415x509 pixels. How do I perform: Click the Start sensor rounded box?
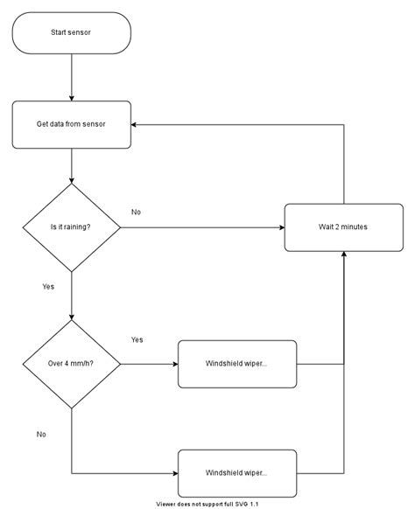click(x=71, y=32)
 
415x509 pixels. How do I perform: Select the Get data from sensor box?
click(x=71, y=124)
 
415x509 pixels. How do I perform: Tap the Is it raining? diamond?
click(x=71, y=227)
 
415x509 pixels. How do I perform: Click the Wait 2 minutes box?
click(x=343, y=227)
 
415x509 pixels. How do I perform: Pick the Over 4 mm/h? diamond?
click(x=71, y=363)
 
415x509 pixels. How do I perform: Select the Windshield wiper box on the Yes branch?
click(x=236, y=363)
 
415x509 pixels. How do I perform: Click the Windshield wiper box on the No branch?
click(x=236, y=472)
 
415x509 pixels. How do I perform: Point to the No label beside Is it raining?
click(x=136, y=213)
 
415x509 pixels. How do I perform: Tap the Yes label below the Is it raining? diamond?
click(x=48, y=286)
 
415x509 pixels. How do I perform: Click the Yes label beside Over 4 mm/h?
click(x=137, y=339)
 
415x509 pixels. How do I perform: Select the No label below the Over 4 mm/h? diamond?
click(x=41, y=434)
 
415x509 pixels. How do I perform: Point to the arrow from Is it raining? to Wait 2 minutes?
click(x=201, y=227)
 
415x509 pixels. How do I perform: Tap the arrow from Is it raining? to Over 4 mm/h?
click(x=71, y=297)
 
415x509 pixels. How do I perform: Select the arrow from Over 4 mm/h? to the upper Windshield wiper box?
click(x=149, y=363)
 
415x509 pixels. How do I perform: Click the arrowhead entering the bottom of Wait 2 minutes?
click(x=343, y=255)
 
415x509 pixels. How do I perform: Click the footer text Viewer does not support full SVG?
click(x=207, y=504)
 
